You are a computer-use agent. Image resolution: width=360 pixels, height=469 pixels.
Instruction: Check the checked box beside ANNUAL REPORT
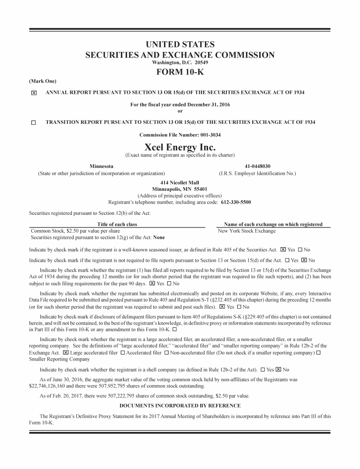(33, 93)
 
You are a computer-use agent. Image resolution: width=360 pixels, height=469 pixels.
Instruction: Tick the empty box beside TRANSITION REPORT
(33, 123)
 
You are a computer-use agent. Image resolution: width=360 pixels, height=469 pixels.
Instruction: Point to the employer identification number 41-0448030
(257, 166)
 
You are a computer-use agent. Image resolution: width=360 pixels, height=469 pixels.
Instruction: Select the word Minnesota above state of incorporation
(101, 166)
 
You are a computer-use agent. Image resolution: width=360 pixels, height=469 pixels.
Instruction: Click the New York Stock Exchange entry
(247, 231)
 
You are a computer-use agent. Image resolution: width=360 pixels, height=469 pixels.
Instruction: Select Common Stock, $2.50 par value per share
(75, 231)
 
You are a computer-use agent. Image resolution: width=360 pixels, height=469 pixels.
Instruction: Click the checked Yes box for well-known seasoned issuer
(283, 250)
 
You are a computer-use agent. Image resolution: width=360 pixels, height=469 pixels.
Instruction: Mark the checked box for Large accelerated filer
(65, 352)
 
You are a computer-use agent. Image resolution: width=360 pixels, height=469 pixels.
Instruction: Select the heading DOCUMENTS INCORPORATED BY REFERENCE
(180, 406)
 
